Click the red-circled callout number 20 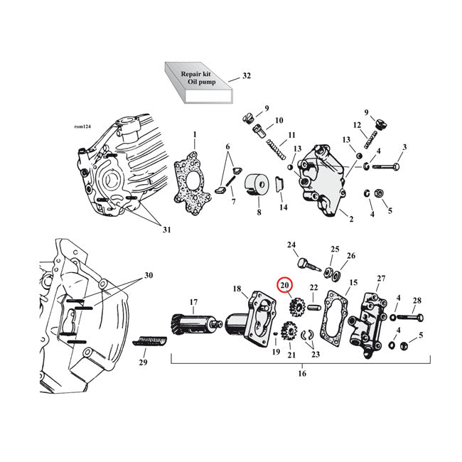284,286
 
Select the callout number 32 246,75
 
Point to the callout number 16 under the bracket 301,373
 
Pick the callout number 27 380,279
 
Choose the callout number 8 259,212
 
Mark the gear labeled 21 289,331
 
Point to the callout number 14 284,208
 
